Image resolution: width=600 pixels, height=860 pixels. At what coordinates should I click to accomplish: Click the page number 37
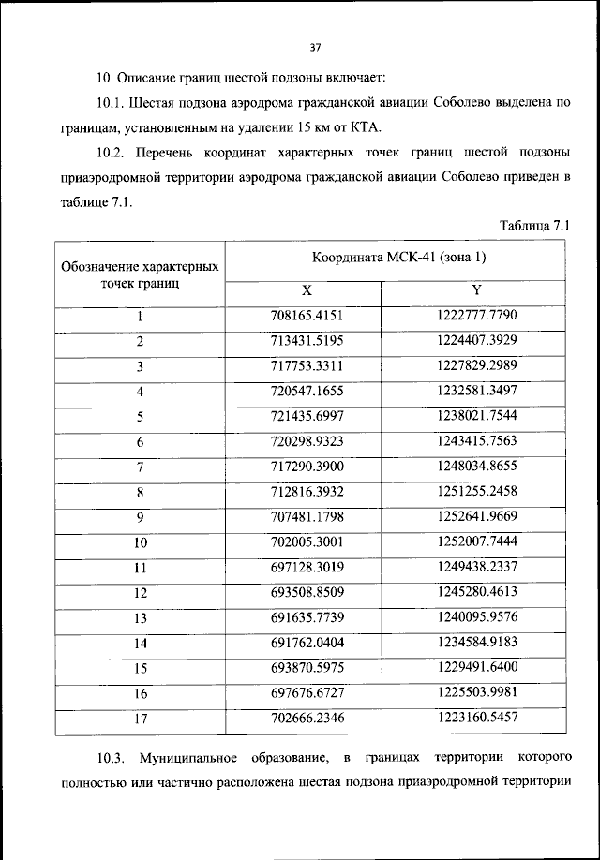coord(314,47)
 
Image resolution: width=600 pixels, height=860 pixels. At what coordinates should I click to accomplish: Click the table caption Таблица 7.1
coord(535,225)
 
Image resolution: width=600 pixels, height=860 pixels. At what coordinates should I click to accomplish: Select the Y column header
coord(476,290)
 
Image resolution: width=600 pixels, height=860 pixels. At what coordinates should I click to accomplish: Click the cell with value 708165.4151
coord(307,316)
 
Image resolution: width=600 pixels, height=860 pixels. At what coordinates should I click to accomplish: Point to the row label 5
coord(140,416)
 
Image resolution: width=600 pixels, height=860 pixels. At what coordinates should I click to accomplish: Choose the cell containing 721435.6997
coord(307,416)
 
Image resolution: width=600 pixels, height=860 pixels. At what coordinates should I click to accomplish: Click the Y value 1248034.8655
coord(476,466)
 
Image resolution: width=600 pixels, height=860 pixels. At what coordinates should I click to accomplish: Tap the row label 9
coord(140,516)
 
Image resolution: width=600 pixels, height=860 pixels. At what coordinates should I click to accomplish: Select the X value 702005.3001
coord(307,541)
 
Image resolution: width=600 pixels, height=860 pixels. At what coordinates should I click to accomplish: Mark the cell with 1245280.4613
coord(476,592)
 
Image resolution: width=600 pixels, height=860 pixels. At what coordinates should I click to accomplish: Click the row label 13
coord(140,617)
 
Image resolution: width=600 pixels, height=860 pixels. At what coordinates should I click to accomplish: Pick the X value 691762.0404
coord(307,643)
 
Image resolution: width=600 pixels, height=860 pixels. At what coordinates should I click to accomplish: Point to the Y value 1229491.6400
coord(476,668)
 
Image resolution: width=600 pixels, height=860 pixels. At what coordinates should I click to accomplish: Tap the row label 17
coord(140,719)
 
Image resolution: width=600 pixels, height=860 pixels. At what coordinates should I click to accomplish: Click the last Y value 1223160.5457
coord(476,719)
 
